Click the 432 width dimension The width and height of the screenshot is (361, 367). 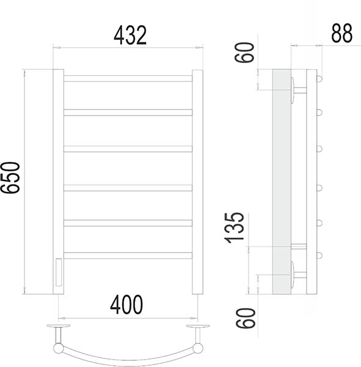tap(130, 35)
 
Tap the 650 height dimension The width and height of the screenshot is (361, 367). tap(10, 177)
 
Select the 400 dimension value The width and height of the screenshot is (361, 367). tap(126, 305)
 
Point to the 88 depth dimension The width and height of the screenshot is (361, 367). tap(341, 33)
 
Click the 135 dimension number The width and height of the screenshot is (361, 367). tap(235, 228)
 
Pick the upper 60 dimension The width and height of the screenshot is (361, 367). tap(244, 53)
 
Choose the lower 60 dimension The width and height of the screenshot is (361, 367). tap(246, 318)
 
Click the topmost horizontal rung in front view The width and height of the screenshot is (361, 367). tap(128, 79)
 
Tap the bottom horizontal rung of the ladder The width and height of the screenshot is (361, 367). tap(128, 255)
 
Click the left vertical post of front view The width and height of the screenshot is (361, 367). tap(58, 182)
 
